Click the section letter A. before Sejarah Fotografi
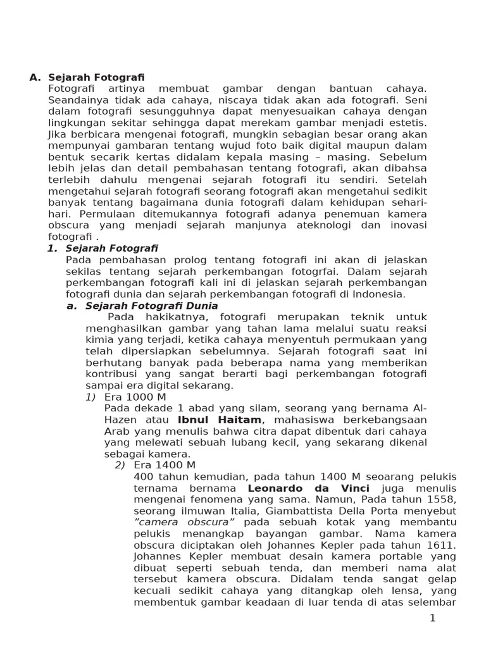tap(35, 77)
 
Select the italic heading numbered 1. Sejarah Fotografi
tap(103, 249)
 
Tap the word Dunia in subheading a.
tap(199, 306)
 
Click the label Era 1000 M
tap(135, 397)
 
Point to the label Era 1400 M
tap(165, 465)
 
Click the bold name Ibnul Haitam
tap(220, 420)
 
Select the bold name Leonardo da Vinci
tap(308, 488)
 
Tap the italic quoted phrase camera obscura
tap(184, 522)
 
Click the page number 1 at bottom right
tap(433, 618)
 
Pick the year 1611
tap(440, 545)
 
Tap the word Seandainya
tap(78, 100)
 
